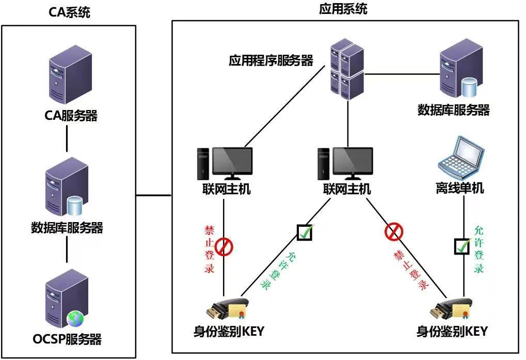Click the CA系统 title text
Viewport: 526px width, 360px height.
[x=70, y=13]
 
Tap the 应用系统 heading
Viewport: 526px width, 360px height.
[x=343, y=9]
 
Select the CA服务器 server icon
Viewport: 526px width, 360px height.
[x=70, y=77]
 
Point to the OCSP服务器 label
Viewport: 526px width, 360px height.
[x=67, y=339]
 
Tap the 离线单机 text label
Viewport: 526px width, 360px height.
[x=459, y=189]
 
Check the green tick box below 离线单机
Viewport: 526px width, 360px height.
[x=462, y=246]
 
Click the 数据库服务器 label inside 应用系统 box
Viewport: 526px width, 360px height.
[x=453, y=110]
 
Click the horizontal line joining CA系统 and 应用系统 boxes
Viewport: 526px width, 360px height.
[x=153, y=195]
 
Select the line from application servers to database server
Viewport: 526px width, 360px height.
[x=400, y=73]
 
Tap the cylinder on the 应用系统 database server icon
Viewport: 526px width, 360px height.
[x=468, y=87]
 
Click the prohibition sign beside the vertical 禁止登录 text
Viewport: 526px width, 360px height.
[x=224, y=247]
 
